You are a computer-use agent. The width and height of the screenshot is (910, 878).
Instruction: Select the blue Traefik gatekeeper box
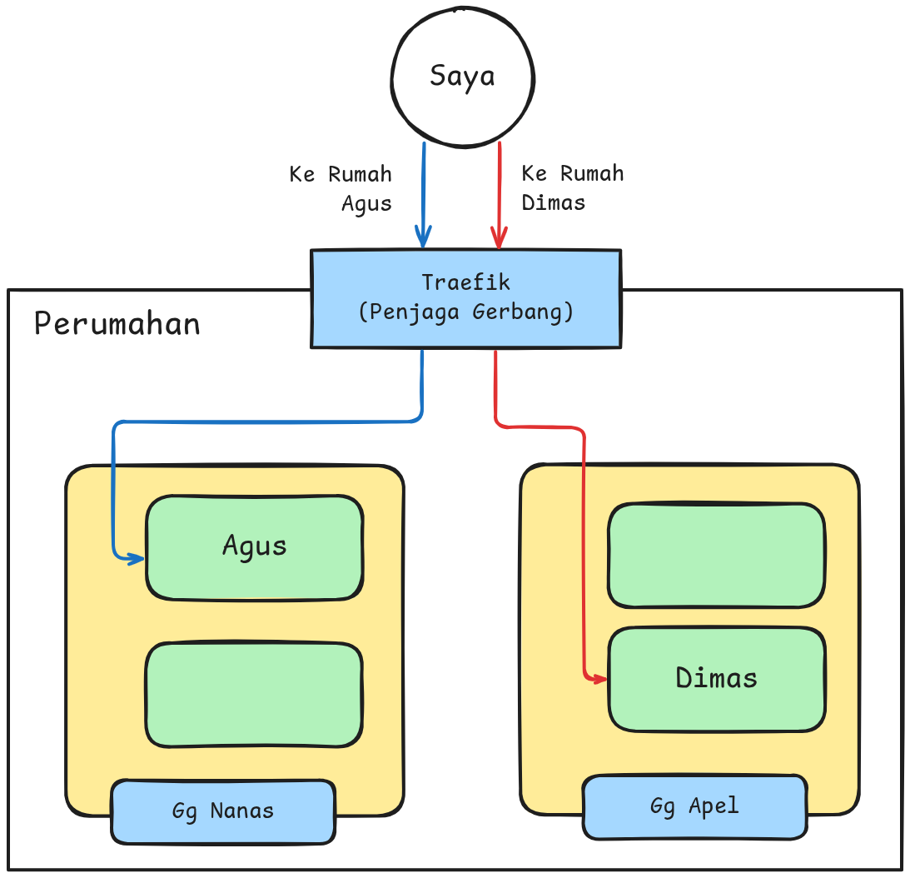[465, 297]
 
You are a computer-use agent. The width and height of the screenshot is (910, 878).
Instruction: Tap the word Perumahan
[117, 323]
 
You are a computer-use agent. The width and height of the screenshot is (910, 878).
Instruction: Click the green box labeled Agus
[254, 546]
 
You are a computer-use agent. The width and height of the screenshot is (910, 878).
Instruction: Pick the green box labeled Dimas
[716, 678]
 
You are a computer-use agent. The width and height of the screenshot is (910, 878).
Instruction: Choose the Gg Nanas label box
[223, 811]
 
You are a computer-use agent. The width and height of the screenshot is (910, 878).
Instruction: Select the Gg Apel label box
[694, 806]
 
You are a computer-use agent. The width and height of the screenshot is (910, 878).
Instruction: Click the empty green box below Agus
[254, 694]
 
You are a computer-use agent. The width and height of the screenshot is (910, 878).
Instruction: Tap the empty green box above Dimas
[716, 555]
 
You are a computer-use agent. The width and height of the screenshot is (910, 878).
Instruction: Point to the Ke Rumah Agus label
[341, 188]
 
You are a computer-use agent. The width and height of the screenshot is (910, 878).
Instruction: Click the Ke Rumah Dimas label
[572, 187]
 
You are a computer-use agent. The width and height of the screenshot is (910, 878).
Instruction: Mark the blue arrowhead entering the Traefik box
[423, 240]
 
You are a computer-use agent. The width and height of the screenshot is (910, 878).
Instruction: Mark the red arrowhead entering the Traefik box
[499, 240]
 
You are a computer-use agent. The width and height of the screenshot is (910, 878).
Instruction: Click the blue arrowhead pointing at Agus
[136, 558]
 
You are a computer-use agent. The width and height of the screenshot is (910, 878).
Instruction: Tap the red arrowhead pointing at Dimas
[599, 679]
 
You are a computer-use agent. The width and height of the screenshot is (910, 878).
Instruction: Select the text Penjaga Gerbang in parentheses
[465, 312]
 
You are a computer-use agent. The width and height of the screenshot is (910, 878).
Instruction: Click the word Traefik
[465, 282]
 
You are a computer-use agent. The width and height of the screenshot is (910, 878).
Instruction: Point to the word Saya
[462, 76]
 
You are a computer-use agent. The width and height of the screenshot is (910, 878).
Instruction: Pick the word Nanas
[241, 811]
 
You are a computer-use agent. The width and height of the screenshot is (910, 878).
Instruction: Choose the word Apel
[714, 806]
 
